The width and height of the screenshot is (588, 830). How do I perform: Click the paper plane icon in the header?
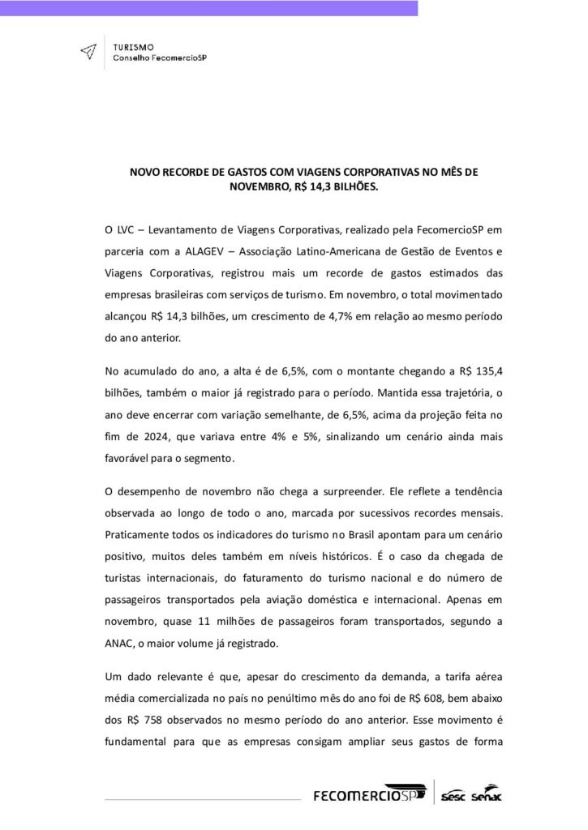pos(88,51)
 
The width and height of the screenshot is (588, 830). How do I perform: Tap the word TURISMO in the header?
pos(129,48)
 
